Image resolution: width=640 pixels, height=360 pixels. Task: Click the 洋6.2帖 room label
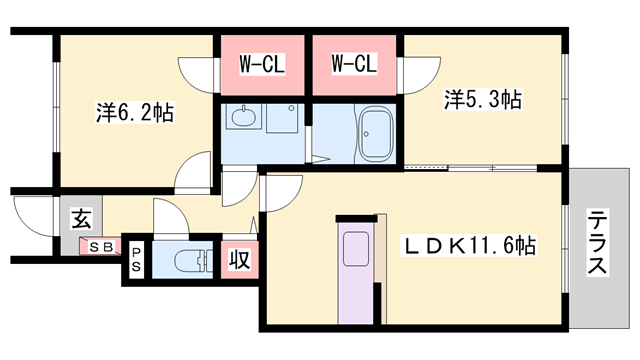pyautogui.click(x=135, y=113)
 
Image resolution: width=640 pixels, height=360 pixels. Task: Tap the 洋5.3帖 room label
pyautogui.click(x=483, y=99)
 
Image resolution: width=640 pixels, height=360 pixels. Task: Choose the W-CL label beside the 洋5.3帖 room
pyautogui.click(x=354, y=65)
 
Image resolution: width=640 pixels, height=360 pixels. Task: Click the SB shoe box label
pyautogui.click(x=101, y=247)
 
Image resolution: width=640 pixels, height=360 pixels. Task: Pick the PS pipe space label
pyautogui.click(x=135, y=260)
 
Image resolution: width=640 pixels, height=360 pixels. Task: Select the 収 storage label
pyautogui.click(x=240, y=259)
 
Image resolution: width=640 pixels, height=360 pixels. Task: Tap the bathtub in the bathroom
pyautogui.click(x=378, y=133)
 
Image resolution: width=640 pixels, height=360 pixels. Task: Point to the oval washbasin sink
pyautogui.click(x=241, y=121)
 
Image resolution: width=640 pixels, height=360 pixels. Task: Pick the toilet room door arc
pyautogui.click(x=167, y=217)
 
